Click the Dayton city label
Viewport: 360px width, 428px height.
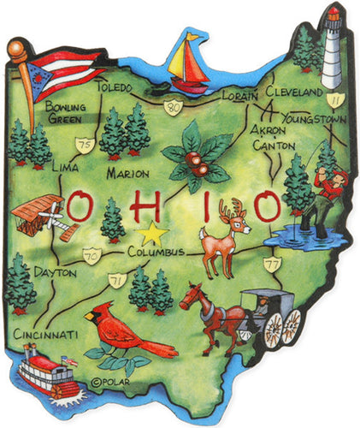[55, 272]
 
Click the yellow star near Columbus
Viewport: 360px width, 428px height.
[152, 232]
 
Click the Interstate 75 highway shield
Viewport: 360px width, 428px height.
[84, 145]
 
